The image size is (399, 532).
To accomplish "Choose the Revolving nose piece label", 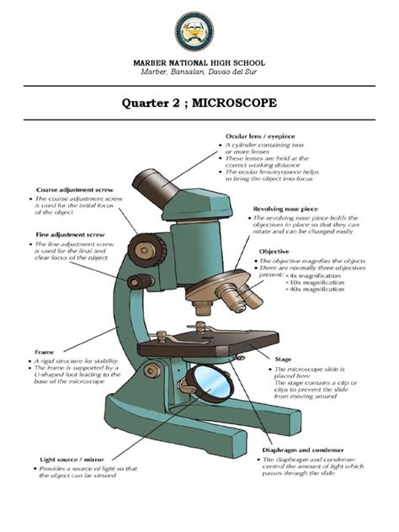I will coord(291,207).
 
